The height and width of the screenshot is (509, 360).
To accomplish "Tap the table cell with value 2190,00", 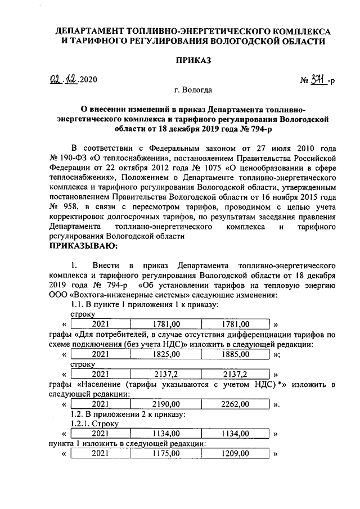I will pyautogui.click(x=166, y=404).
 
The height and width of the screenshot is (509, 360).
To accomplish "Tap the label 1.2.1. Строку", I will pyautogui.click(x=92, y=424).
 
